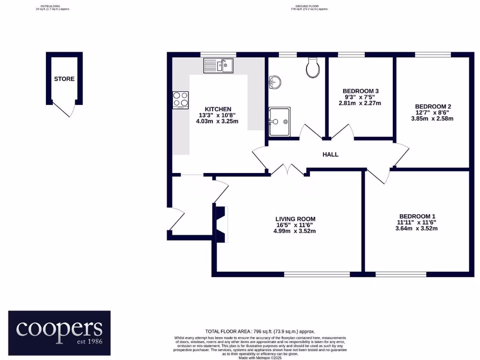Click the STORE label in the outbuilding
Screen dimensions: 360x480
(x=64, y=79)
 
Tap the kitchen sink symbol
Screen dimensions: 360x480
(x=218, y=66)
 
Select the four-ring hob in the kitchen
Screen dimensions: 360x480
(x=181, y=99)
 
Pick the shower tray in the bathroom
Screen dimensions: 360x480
(x=280, y=121)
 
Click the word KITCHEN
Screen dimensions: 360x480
(x=218, y=109)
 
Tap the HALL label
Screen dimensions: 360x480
(x=330, y=154)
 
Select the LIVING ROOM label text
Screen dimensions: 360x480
(x=295, y=219)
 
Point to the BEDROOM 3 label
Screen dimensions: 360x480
(x=360, y=91)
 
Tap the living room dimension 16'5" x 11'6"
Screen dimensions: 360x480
(x=295, y=225)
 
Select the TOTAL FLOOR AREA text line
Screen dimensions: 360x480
(x=260, y=331)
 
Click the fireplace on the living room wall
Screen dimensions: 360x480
(x=221, y=224)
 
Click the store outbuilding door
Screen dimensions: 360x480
(x=65, y=111)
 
